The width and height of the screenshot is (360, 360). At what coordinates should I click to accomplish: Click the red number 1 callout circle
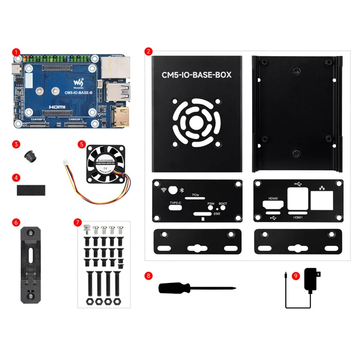[17, 53]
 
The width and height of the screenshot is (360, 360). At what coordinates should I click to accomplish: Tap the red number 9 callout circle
[296, 276]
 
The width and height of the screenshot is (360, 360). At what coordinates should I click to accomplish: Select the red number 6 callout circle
[17, 222]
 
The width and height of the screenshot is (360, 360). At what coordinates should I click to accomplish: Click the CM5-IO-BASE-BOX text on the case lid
[197, 75]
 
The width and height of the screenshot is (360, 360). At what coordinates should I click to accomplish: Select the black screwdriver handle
[173, 288]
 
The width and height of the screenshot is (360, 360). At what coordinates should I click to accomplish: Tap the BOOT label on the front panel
[223, 204]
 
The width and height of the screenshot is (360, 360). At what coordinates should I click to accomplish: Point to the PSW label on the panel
[211, 204]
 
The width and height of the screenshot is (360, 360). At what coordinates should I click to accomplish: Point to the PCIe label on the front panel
[196, 195]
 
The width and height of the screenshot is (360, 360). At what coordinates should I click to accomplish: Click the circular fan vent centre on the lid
[197, 122]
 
